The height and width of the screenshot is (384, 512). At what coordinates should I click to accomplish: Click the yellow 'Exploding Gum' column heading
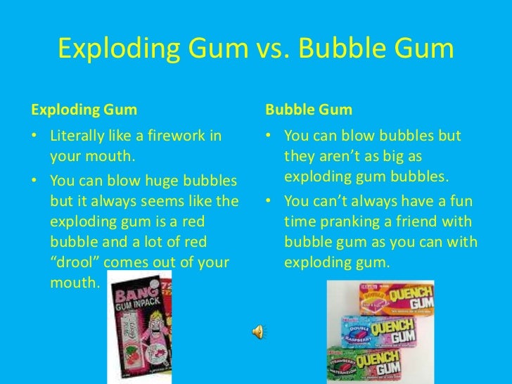[84, 111]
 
